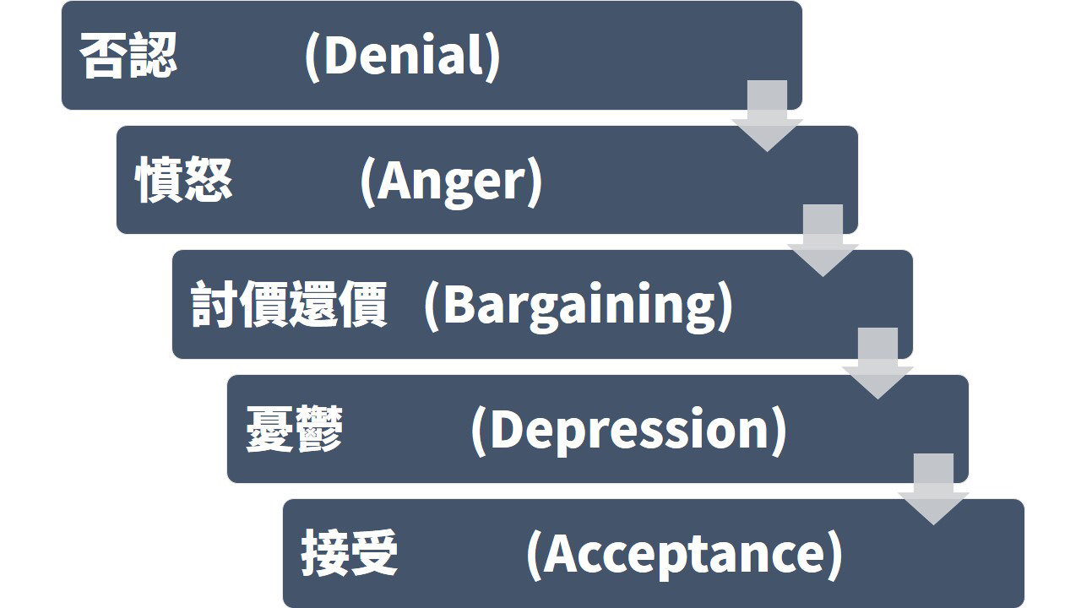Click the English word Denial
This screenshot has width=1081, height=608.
(405, 55)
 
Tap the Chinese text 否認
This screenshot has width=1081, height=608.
(128, 55)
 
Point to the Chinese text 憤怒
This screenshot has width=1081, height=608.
(184, 179)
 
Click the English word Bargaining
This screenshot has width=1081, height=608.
(579, 306)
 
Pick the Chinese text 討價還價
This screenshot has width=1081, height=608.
(289, 305)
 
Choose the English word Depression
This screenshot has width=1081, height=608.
(629, 430)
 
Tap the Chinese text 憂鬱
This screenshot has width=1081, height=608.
(295, 428)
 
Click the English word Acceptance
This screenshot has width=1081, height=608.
(684, 554)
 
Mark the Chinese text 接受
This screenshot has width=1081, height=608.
(350, 553)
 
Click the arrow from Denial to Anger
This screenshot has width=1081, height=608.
(768, 117)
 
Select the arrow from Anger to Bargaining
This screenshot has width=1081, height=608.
(823, 241)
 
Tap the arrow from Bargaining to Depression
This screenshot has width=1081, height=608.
(877, 364)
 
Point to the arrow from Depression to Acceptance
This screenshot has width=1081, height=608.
(933, 489)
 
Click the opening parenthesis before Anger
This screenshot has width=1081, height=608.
(367, 182)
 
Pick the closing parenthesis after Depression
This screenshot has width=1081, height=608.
(779, 432)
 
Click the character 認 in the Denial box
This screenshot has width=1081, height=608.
(154, 55)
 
